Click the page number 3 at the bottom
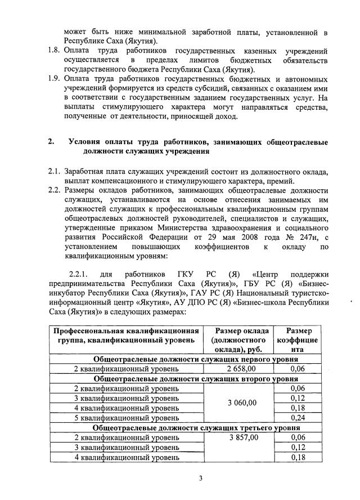200,479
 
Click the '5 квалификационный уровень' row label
127,418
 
